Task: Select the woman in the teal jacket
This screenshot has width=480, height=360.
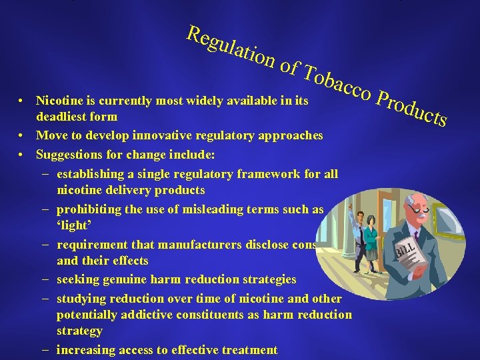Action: (x=371, y=240)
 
